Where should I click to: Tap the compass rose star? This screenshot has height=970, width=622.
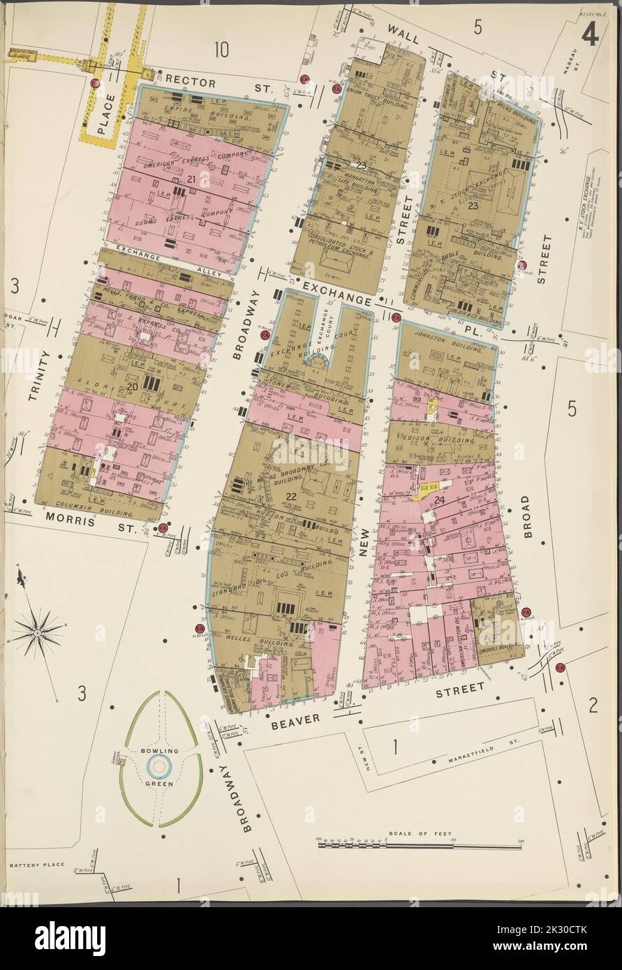(37, 632)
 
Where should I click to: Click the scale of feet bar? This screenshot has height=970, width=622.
(420, 845)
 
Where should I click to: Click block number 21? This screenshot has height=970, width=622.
(190, 179)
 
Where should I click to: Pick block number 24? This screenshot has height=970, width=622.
(438, 500)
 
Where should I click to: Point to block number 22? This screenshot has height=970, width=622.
(291, 495)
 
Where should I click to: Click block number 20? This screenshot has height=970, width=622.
(132, 387)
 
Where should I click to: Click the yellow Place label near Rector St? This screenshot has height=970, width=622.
(103, 115)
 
